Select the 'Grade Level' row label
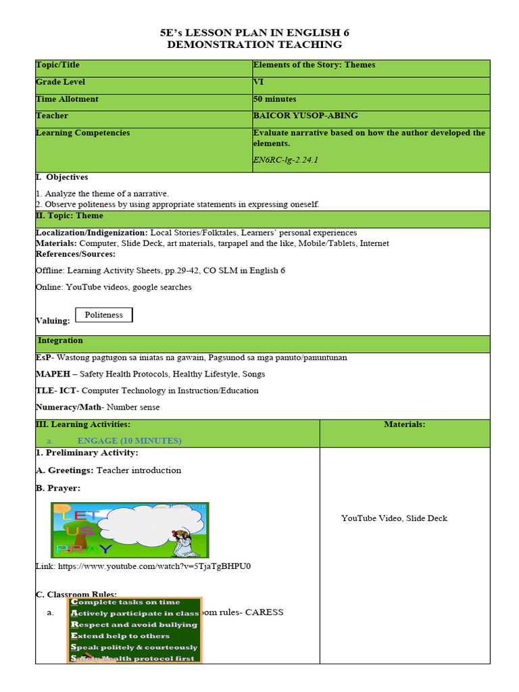[x=61, y=82]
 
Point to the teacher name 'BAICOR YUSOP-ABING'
[x=305, y=116]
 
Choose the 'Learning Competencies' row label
[x=82, y=133]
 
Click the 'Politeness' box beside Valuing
[x=104, y=315]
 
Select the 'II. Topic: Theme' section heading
[x=70, y=216]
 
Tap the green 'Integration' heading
[x=60, y=341]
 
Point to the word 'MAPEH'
[x=52, y=374]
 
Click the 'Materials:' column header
[x=404, y=424]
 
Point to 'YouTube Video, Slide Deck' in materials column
[x=394, y=518]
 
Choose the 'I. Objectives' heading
[x=61, y=178]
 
